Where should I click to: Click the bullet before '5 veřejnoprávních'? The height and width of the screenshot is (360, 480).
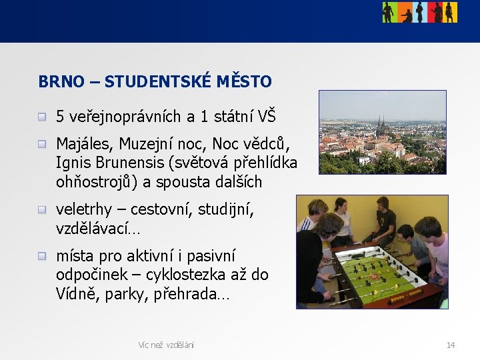pos(42,118)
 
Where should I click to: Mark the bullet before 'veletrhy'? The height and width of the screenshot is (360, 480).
pos(42,211)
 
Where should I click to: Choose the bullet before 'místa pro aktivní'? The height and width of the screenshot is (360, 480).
pos(42,257)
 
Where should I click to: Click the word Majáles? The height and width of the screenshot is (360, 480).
pos(83,144)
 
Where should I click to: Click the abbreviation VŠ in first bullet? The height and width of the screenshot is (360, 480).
pos(266,117)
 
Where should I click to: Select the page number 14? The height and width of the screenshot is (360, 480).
pos(451,345)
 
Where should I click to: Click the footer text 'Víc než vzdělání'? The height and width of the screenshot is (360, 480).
pos(166,345)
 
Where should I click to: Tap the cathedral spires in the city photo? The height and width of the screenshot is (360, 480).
pos(381,124)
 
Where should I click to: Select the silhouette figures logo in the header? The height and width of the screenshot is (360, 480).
pos(419,12)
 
